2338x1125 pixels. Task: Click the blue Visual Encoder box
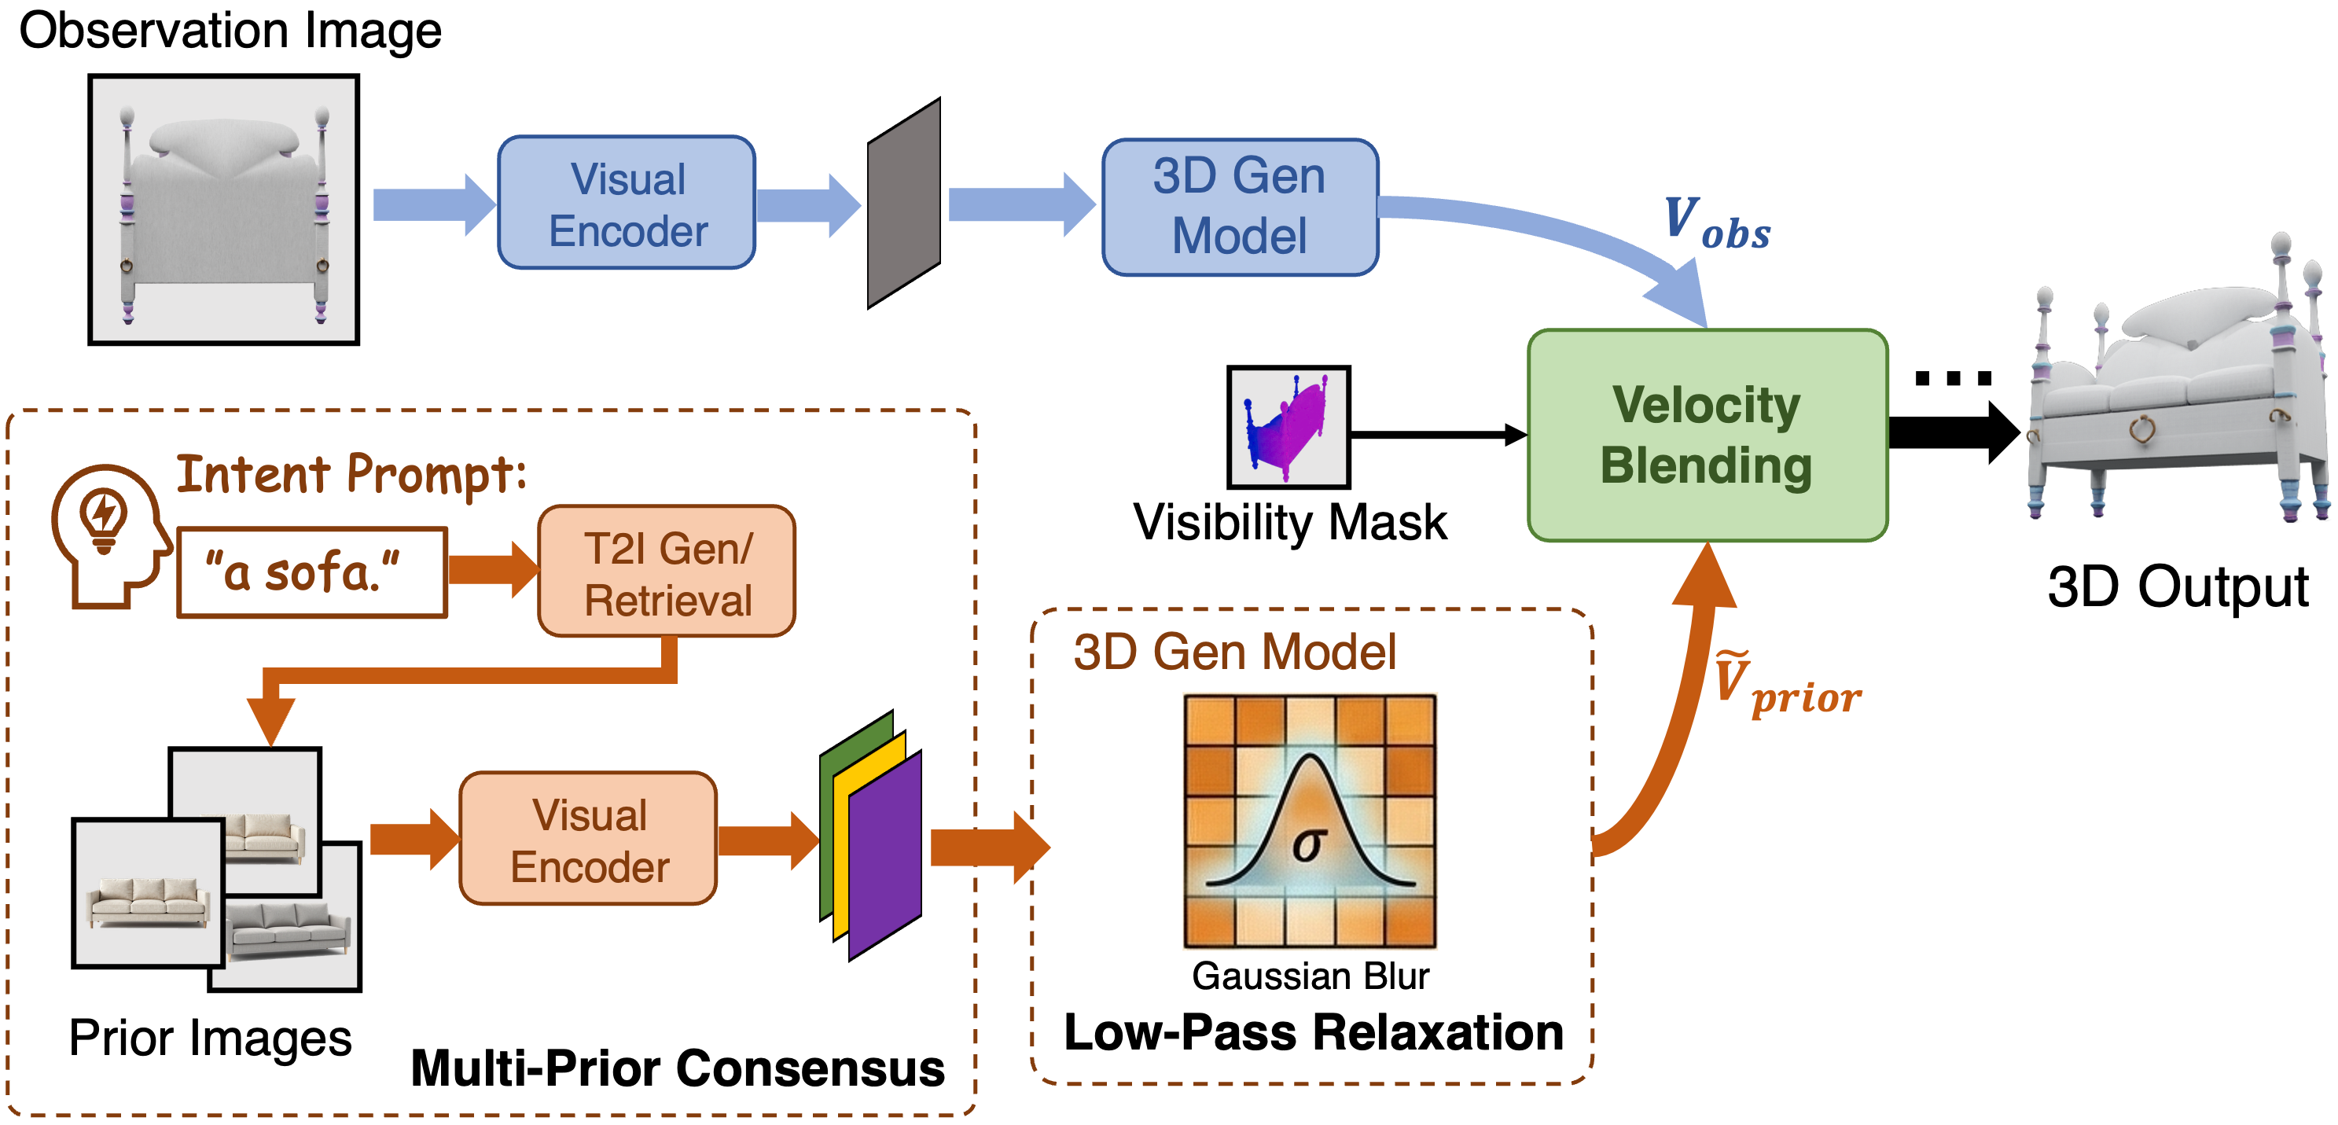click(x=627, y=204)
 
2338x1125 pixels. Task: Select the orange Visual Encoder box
click(x=588, y=839)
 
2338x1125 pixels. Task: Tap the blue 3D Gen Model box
click(x=1240, y=207)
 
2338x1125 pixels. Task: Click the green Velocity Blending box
click(x=1708, y=436)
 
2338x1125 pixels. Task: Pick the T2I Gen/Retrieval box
click(x=667, y=573)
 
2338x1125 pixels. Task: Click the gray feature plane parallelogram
click(x=903, y=204)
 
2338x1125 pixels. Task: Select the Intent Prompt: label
click(x=351, y=474)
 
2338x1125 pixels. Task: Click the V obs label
click(x=1715, y=223)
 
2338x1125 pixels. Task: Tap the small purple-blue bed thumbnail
click(x=1288, y=427)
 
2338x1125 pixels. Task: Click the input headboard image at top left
click(x=223, y=210)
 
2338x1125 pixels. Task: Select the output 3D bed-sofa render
click(x=2178, y=381)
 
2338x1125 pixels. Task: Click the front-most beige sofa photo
click(x=148, y=893)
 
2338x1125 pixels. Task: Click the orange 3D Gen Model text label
click(x=1234, y=652)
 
